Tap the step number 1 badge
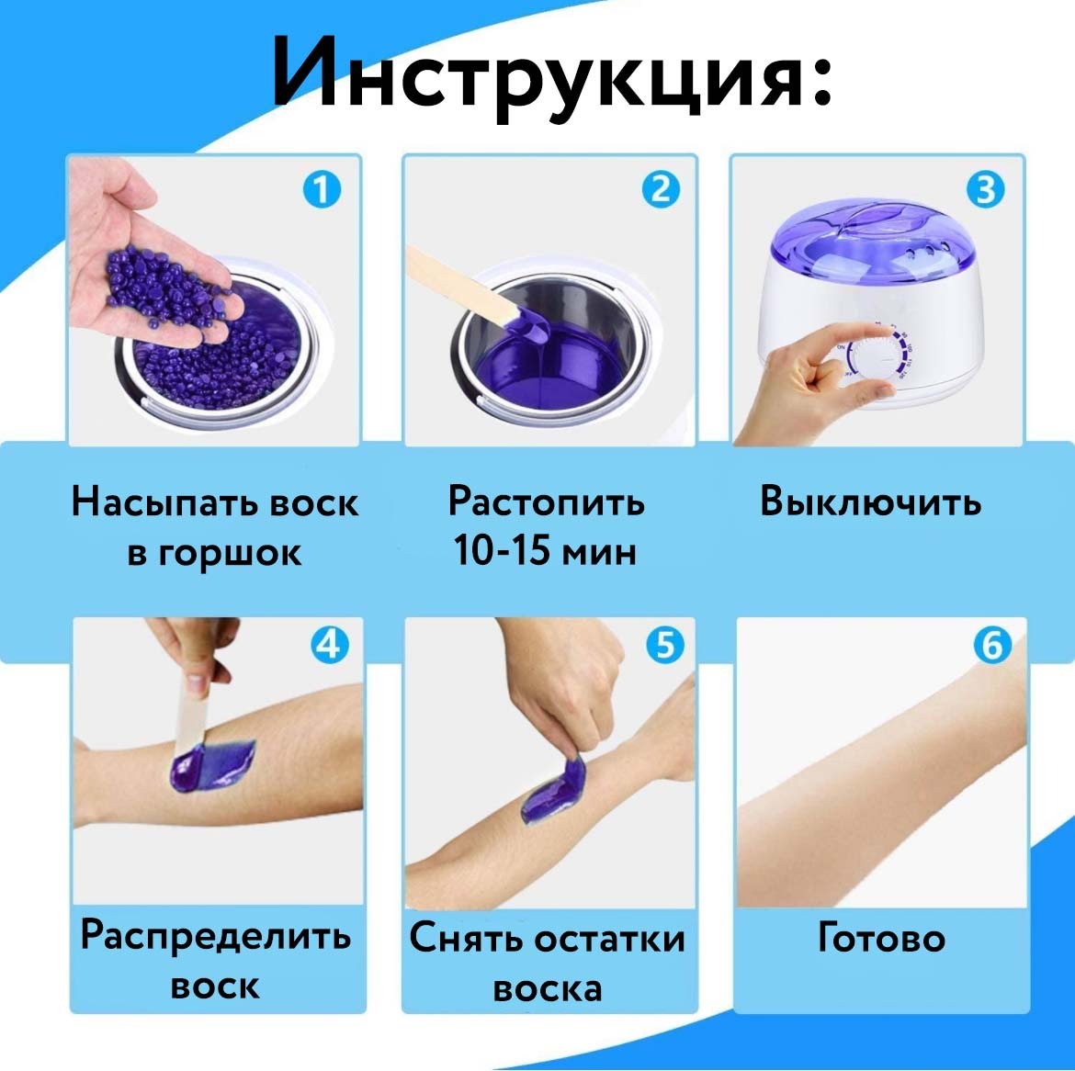[x=322, y=190]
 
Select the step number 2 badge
[x=661, y=190]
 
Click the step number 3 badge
[x=986, y=190]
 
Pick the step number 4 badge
[x=330, y=645]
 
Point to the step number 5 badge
[x=665, y=645]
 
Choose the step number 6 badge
[x=992, y=645]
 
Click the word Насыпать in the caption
[x=164, y=502]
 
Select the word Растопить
[x=547, y=502]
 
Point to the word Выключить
[x=870, y=501]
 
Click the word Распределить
[x=215, y=935]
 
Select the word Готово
[x=881, y=938]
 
